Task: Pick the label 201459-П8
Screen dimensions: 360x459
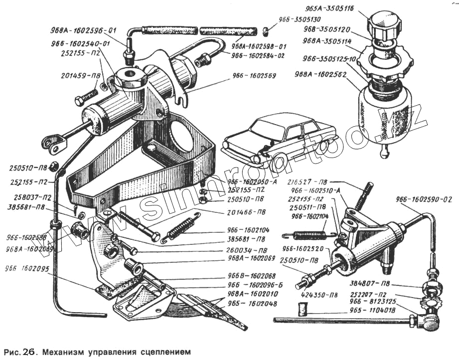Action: point(80,76)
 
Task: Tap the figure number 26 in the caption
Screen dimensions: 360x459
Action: point(27,351)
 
